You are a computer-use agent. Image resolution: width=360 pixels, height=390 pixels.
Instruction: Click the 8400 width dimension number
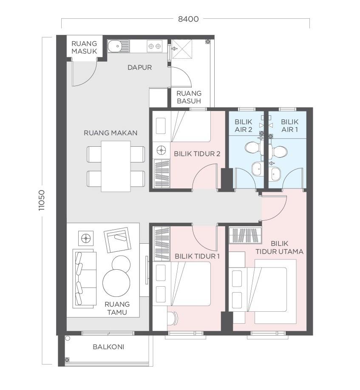pos(188,19)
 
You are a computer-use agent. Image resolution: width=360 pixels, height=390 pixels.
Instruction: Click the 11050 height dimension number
pos(41,200)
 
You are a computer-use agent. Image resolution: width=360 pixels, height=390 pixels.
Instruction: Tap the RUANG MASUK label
pos(84,47)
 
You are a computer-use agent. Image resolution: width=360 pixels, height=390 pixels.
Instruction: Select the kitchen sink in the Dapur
pos(118,46)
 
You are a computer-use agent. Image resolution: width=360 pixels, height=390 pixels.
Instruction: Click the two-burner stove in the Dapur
pos(154,46)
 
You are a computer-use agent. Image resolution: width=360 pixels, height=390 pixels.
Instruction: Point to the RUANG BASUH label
pos(189,97)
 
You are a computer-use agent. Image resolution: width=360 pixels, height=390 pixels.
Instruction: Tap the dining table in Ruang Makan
pos(116,166)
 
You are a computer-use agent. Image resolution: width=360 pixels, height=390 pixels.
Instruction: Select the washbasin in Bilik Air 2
pos(257,169)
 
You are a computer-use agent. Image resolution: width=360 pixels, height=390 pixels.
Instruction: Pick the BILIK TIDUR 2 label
pos(197,154)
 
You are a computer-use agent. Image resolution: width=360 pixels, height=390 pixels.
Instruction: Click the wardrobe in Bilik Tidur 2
pos(162,174)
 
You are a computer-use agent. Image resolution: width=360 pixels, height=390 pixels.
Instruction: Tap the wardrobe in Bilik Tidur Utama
pos(245,235)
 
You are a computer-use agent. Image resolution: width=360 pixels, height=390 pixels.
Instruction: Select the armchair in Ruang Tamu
pos(117,240)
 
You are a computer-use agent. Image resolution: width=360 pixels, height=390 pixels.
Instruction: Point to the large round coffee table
pos(116,283)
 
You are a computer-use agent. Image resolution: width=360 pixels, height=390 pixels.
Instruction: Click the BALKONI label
pos(108,347)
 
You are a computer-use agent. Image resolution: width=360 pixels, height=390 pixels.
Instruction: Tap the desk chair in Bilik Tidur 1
pos(173,318)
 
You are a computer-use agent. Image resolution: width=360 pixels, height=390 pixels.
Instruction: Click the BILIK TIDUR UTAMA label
pos(279,248)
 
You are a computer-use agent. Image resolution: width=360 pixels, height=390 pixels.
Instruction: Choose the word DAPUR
pos(139,67)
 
